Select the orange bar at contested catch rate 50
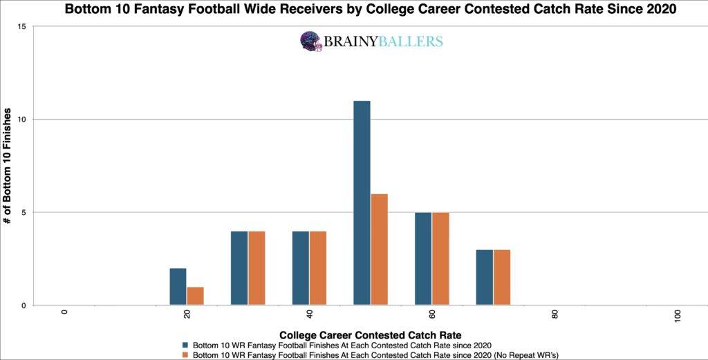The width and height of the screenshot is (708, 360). coord(379,249)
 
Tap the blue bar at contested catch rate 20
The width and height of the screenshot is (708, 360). coord(178,287)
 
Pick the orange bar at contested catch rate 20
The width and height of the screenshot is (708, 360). coord(196,296)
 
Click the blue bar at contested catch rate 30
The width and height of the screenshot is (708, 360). coord(239,268)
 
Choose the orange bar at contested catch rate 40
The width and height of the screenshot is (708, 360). coord(318,268)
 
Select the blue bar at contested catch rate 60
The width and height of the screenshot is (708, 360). coord(423,258)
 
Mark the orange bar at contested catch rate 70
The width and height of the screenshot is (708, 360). coord(502,277)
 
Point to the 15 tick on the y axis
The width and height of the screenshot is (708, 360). coord(21,26)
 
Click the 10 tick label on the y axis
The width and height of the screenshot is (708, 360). coord(21,120)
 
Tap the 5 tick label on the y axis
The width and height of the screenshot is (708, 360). coord(24,212)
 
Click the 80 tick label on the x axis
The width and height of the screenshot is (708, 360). coord(555,314)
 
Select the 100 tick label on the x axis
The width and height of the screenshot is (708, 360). coord(677,316)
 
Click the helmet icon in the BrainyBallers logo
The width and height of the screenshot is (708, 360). coord(311,41)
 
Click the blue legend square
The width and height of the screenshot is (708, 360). coord(185,343)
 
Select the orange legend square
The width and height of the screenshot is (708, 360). coord(185,354)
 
